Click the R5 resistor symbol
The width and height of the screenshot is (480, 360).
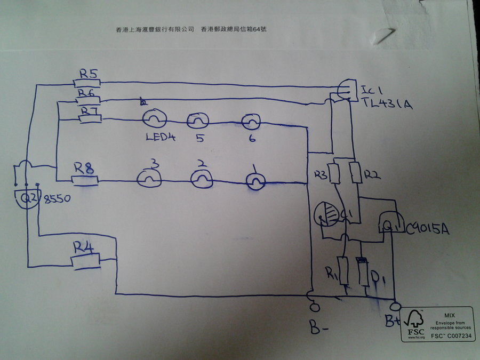click(x=86, y=83)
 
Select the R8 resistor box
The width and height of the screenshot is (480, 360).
click(x=84, y=181)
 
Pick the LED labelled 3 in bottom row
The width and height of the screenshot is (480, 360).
click(x=150, y=179)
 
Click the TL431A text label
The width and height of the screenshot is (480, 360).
click(x=387, y=105)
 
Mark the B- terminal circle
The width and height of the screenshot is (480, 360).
click(x=314, y=307)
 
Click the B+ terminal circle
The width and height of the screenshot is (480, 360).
click(x=395, y=307)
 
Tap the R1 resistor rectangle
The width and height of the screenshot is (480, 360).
click(x=344, y=272)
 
